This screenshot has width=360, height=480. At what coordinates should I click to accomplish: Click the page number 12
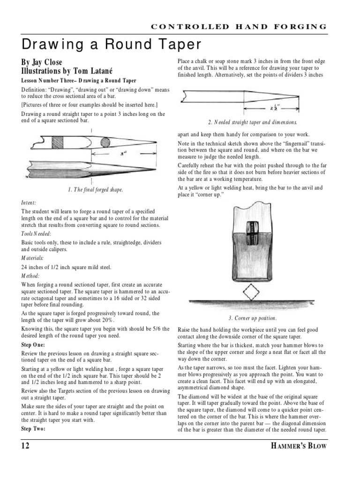25,446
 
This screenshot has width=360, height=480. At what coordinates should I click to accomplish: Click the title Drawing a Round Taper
112,45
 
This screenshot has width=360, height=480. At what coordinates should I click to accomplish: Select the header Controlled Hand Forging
239,26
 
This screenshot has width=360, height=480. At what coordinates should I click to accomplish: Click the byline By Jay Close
41,62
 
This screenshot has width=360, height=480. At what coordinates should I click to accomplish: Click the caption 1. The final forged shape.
95,190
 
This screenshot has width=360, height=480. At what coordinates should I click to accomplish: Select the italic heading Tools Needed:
36,233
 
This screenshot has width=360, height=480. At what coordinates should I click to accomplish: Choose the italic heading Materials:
32,258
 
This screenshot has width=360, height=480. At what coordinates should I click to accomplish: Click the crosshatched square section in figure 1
58,142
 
